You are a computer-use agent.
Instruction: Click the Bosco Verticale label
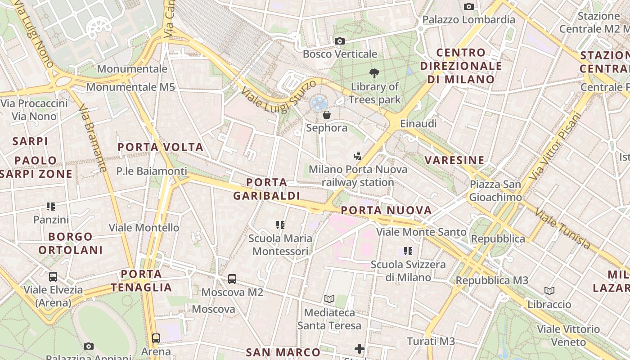(340, 54)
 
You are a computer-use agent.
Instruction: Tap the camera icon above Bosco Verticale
(340, 41)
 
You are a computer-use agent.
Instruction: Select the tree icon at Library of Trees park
(374, 73)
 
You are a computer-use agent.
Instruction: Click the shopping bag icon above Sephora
(327, 115)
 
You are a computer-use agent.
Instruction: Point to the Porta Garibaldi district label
(267, 189)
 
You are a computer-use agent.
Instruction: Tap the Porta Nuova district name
(386, 210)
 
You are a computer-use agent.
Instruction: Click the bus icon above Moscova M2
(232, 279)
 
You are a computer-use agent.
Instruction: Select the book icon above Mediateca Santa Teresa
(329, 299)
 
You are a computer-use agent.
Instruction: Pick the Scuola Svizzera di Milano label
(408, 271)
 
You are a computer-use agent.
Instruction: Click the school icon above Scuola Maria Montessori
(280, 225)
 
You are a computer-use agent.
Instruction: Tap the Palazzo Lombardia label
(468, 20)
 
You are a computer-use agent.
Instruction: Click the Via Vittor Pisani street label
(556, 145)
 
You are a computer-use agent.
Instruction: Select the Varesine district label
(454, 160)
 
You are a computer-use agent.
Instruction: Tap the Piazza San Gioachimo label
(495, 191)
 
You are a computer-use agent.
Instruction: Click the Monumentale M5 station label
(130, 87)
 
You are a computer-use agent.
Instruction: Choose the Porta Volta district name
(161, 147)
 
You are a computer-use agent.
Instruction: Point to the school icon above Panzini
(51, 207)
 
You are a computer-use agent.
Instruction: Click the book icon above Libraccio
(549, 291)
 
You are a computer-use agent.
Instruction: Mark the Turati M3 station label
(431, 342)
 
